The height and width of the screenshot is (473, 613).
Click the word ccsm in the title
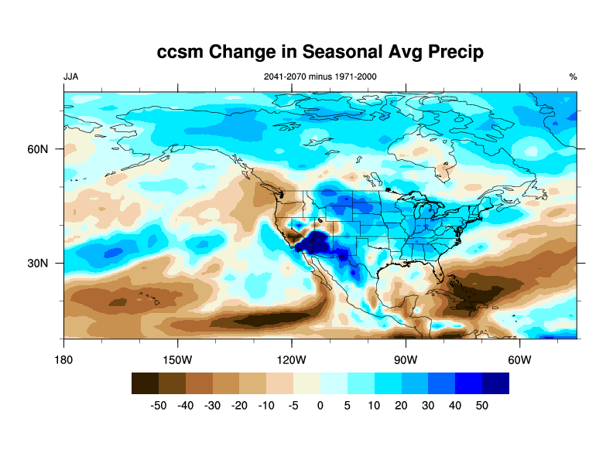pos(183,52)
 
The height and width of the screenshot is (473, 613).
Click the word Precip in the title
pos(451,52)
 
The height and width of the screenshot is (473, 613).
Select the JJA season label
pos(70,77)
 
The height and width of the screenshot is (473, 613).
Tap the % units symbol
pos(573,77)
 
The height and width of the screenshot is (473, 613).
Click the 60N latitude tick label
pos(39,148)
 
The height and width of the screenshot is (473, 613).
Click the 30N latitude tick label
pos(39,263)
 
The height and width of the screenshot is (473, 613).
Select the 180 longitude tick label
pos(63,360)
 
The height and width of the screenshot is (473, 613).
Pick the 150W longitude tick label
pos(177,360)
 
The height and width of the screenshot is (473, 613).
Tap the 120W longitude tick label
pos(291,360)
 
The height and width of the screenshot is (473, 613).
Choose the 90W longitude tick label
pos(405,360)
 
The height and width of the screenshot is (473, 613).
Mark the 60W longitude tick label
pos(519,360)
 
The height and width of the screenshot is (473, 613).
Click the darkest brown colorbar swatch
pos(145,383)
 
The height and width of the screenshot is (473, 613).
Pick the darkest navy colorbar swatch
pos(496,383)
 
